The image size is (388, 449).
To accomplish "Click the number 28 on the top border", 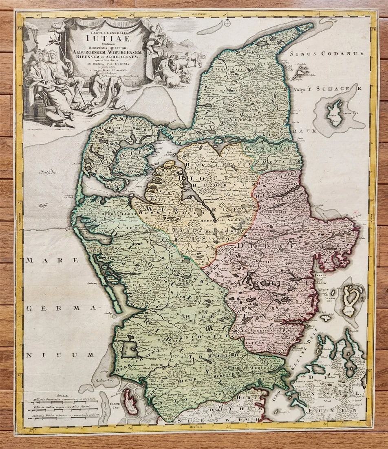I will point(132,16).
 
